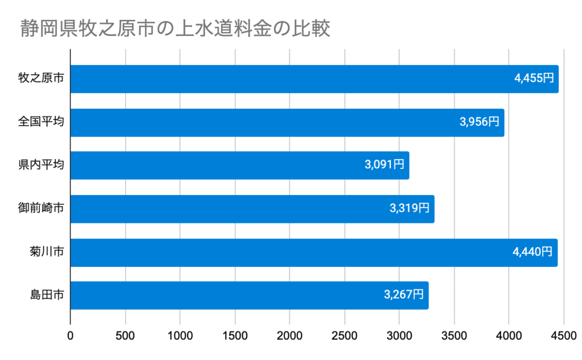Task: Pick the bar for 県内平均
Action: click(x=239, y=165)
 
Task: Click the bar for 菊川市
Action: click(x=313, y=252)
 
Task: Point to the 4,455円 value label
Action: click(x=533, y=79)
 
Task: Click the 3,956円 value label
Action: click(x=479, y=122)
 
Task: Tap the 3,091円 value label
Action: click(x=384, y=165)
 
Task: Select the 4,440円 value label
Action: click(x=532, y=252)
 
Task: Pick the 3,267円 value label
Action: click(x=404, y=295)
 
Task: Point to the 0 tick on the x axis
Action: click(x=70, y=336)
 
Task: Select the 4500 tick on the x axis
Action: click(x=564, y=336)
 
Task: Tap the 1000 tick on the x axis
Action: click(x=180, y=336)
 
